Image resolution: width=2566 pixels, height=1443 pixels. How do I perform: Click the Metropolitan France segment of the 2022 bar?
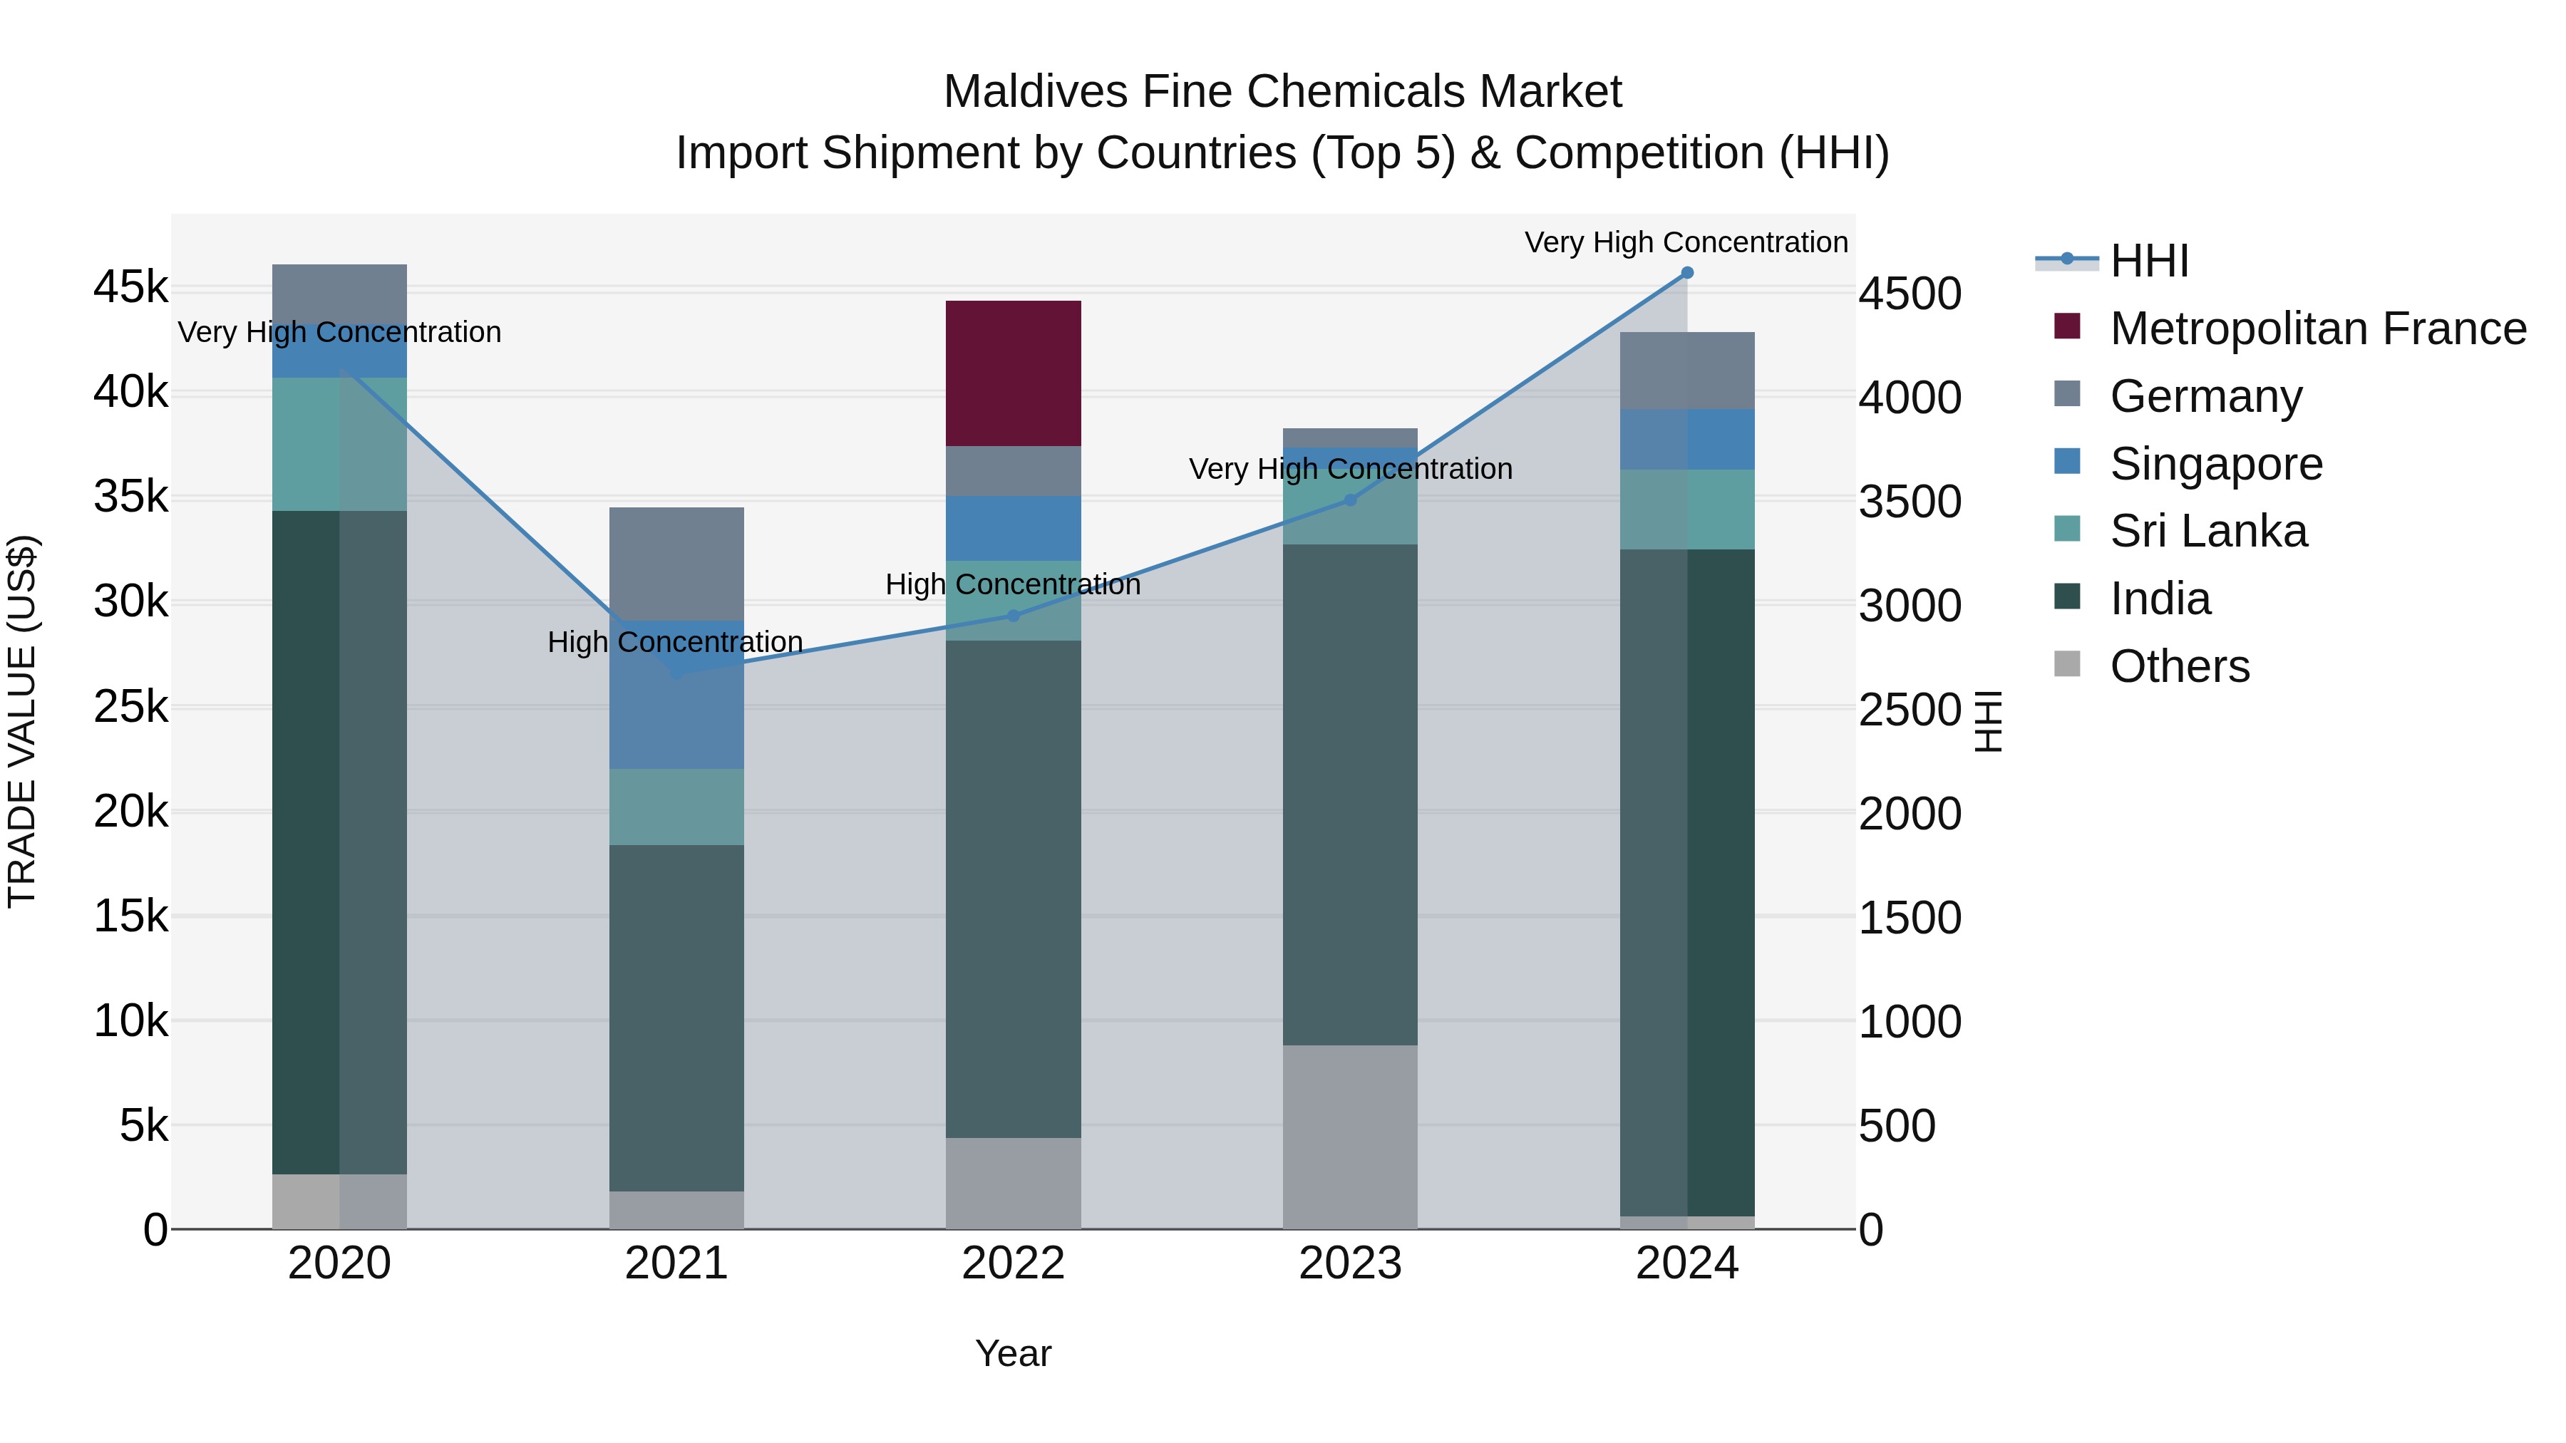(1013, 373)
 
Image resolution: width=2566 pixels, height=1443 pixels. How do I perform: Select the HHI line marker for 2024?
(1686, 273)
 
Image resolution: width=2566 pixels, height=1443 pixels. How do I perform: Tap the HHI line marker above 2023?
(1351, 500)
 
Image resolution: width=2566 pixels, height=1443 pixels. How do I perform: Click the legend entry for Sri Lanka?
(2207, 531)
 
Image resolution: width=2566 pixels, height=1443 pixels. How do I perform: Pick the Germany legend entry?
(2205, 396)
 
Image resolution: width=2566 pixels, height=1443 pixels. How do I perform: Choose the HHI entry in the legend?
(2148, 261)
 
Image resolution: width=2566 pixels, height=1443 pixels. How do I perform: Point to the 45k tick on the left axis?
(130, 288)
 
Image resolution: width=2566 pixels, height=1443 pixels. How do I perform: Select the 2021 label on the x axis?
(676, 1263)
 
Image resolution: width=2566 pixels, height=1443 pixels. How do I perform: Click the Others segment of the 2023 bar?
(1350, 1137)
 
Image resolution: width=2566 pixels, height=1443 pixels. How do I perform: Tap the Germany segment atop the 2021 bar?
(676, 564)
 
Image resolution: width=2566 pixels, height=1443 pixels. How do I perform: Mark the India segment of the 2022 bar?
(1013, 889)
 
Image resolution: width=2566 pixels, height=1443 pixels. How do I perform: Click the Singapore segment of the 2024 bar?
(1686, 439)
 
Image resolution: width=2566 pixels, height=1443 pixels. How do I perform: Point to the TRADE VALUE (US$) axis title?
(22, 721)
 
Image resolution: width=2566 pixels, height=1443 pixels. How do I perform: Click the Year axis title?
(1013, 1353)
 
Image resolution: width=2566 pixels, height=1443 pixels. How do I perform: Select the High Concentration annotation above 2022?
(1013, 584)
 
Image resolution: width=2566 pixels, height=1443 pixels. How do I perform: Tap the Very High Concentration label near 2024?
(1686, 242)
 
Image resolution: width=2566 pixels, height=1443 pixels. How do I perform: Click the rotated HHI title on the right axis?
(1987, 721)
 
